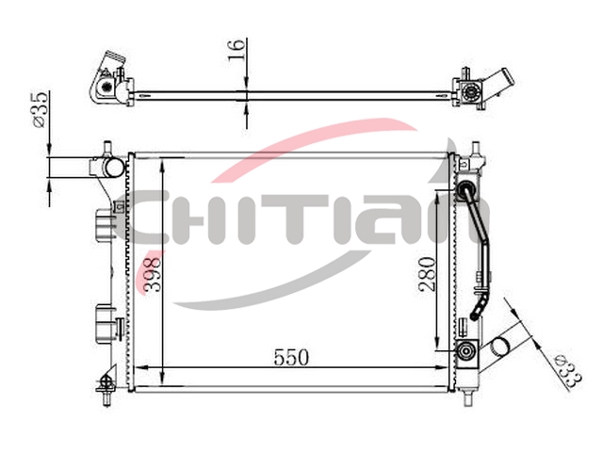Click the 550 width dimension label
pos(291,358)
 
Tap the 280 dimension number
pos(429,274)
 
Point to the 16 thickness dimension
pos(236,49)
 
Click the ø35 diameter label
pos(40,109)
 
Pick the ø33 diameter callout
pos(569,371)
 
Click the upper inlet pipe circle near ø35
pos(113,167)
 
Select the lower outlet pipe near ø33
pos(498,347)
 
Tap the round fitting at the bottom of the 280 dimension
pos(466,350)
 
